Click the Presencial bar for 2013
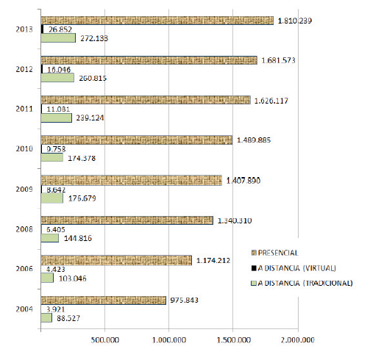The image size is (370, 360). (x=157, y=21)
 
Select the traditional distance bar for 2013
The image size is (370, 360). (x=58, y=38)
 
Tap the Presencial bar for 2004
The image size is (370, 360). (x=103, y=300)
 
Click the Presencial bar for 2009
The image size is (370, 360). (x=131, y=180)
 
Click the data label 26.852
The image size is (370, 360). (x=62, y=29)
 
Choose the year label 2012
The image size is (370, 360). (x=24, y=68)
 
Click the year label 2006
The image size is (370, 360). (x=24, y=269)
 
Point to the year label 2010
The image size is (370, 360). (x=24, y=149)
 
